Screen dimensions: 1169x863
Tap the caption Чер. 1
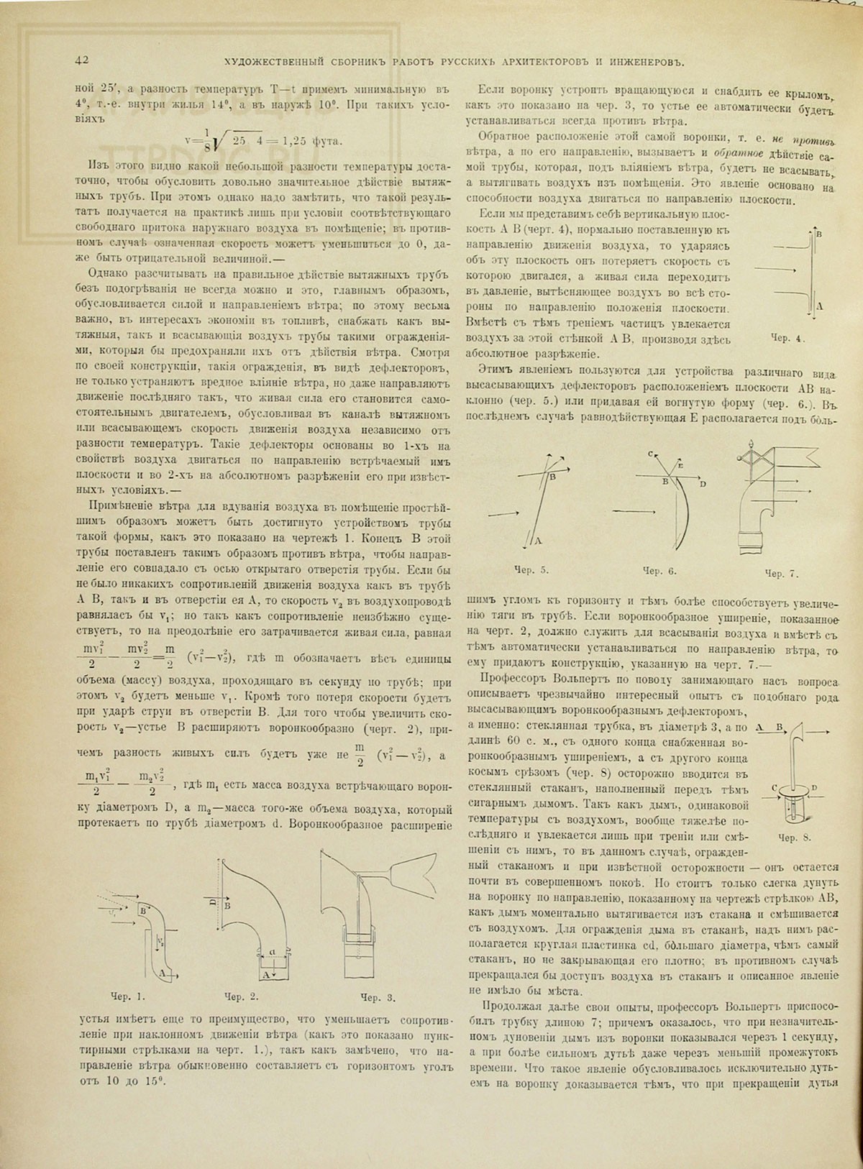coord(129,996)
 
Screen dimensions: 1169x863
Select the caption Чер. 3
coord(380,996)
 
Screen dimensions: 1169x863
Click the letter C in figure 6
coord(649,454)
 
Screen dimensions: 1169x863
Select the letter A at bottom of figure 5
coord(537,540)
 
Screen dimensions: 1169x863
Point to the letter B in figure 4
coord(818,234)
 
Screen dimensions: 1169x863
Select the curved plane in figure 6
coord(682,510)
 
